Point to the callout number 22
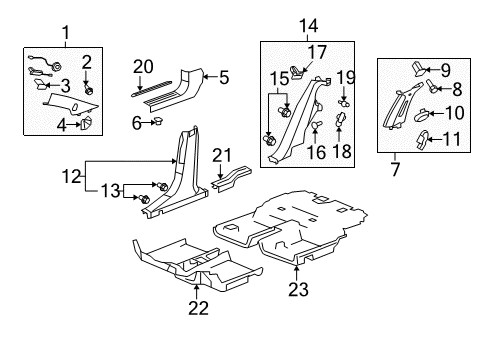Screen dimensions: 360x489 click(198, 307)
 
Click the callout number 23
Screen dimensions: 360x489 click(297, 291)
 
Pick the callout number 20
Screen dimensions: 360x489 click(142, 67)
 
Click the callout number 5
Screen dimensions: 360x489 click(224, 74)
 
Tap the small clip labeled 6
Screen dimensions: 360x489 click(157, 121)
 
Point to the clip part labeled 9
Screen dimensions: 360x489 click(416, 65)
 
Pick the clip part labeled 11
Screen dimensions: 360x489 click(422, 136)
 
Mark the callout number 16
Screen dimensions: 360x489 click(317, 154)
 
